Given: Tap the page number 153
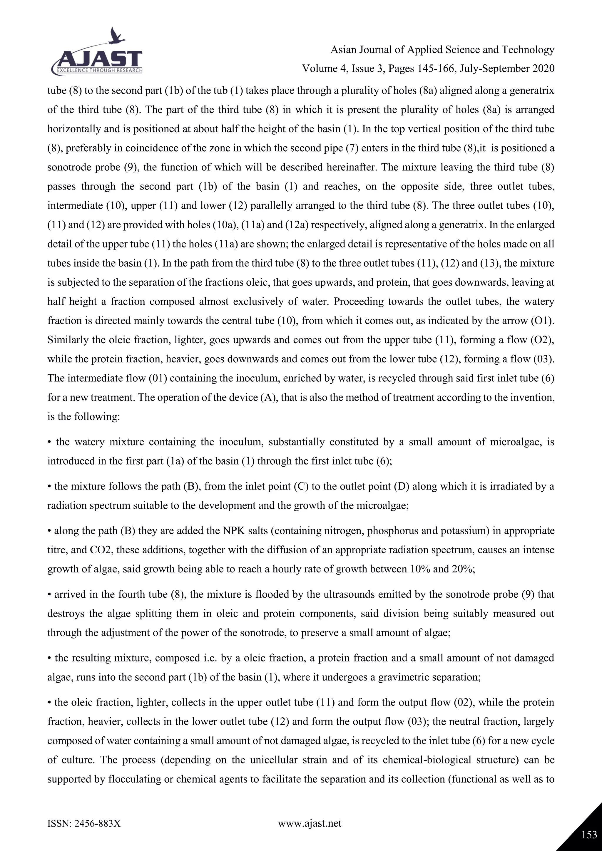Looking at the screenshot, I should click(589, 834).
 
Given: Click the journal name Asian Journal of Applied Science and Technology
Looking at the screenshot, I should click(442, 50).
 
